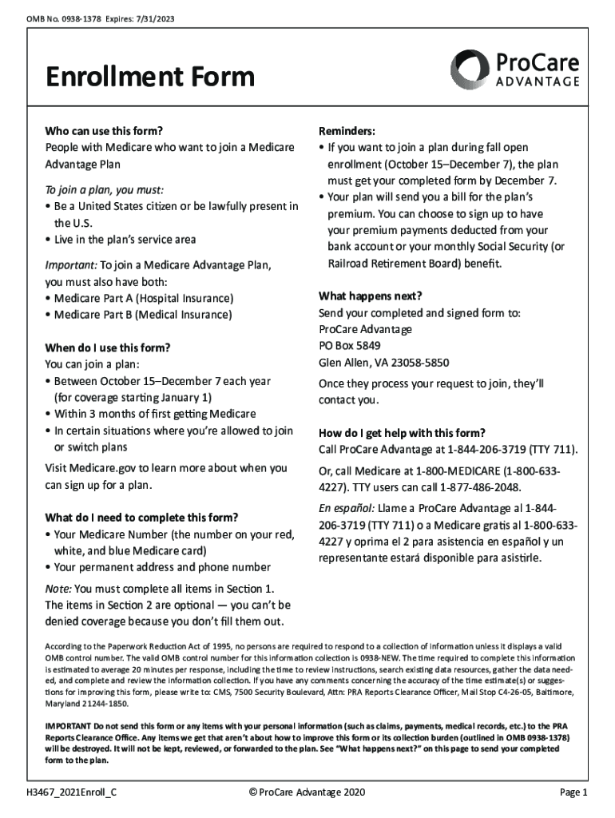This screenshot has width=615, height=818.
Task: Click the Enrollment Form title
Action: pyautogui.click(x=150, y=77)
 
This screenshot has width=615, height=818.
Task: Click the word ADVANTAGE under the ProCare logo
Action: pyautogui.click(x=538, y=82)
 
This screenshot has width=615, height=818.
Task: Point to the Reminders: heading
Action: pyautogui.click(x=347, y=131)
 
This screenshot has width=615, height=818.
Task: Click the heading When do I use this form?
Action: pyautogui.click(x=108, y=347)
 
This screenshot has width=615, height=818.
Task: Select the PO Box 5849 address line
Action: pyautogui.click(x=350, y=346)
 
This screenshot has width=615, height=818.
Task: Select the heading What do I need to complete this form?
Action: pyautogui.click(x=141, y=516)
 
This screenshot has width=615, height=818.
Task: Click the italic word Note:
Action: pyautogui.click(x=59, y=589)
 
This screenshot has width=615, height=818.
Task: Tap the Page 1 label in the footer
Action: pyautogui.click(x=573, y=792)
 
